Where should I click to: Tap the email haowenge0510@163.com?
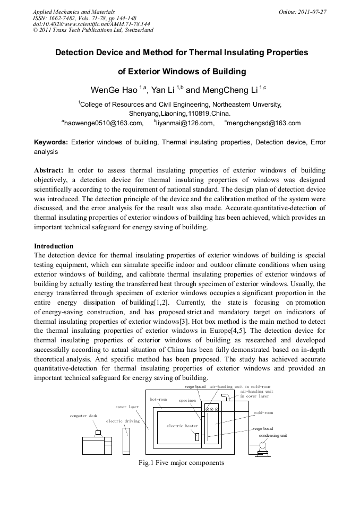[x=103, y=123]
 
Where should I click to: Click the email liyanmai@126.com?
[x=184, y=123]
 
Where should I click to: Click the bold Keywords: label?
[x=51, y=142]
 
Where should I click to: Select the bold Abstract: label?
[x=49, y=170]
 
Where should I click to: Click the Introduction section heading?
[x=54, y=246]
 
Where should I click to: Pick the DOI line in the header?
[x=91, y=24]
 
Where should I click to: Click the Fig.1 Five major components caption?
[x=181, y=463]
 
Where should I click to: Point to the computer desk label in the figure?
[x=83, y=416]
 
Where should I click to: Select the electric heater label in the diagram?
[x=182, y=426]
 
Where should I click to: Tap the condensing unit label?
[x=272, y=435]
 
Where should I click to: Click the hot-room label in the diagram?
[x=158, y=399]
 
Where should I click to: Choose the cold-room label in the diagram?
[x=263, y=412]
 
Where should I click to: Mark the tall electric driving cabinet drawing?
[x=126, y=440]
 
